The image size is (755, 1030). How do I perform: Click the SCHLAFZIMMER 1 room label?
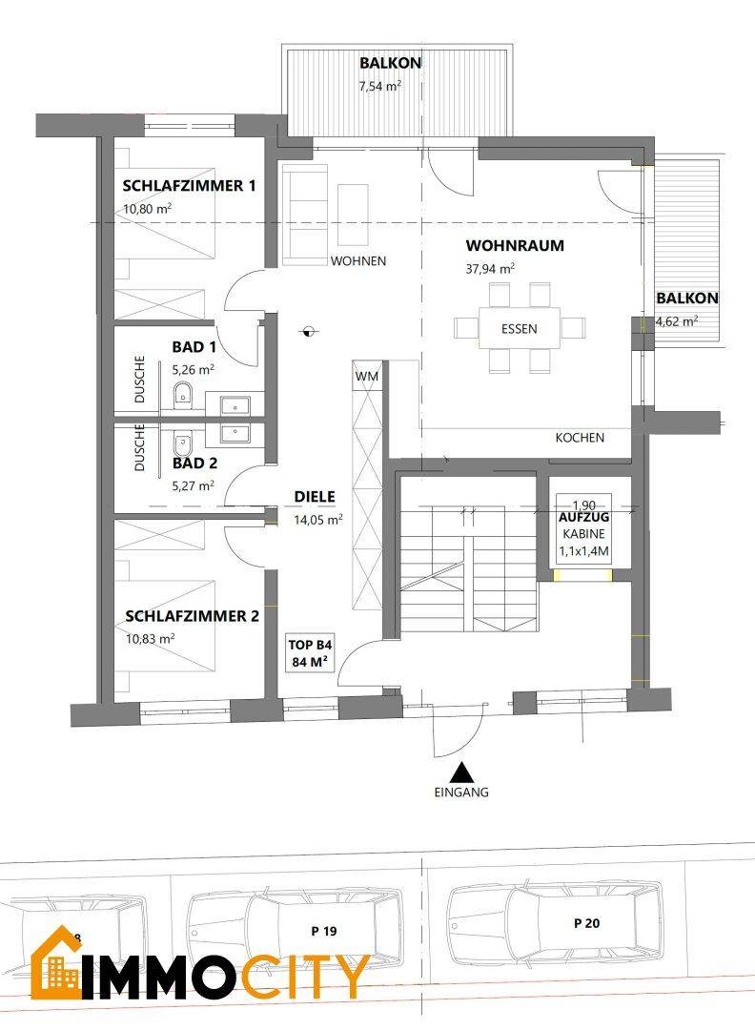(189, 186)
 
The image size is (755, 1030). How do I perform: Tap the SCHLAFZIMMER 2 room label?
(192, 616)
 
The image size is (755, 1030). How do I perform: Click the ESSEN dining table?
(520, 329)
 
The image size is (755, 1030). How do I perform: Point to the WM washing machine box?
(367, 377)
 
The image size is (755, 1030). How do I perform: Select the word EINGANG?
(462, 793)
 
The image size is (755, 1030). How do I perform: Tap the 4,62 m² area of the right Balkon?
(677, 321)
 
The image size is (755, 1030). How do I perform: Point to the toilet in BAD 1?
(183, 393)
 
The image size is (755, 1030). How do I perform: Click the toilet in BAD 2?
(183, 443)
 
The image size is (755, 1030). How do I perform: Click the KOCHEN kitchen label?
(580, 439)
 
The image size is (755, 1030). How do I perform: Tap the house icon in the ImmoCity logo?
(55, 963)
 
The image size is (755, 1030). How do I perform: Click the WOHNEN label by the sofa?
(357, 260)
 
